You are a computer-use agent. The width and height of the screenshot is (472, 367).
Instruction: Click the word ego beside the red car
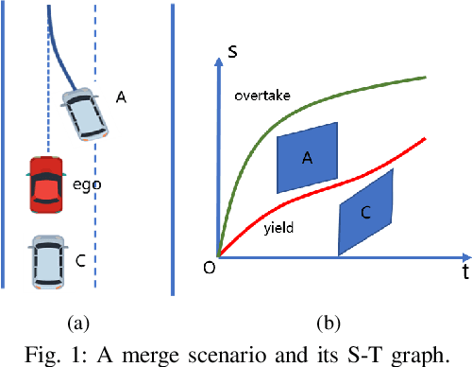click(92, 184)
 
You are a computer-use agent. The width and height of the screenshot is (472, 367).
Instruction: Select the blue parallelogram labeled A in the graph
click(307, 157)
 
